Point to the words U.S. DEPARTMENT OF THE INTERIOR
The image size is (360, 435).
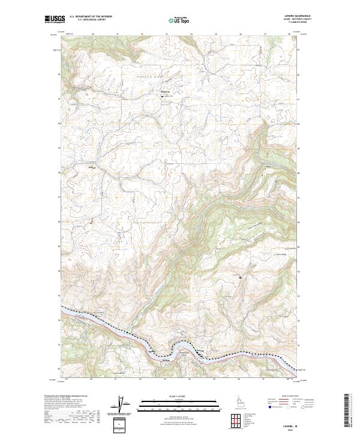(x=91, y=16)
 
